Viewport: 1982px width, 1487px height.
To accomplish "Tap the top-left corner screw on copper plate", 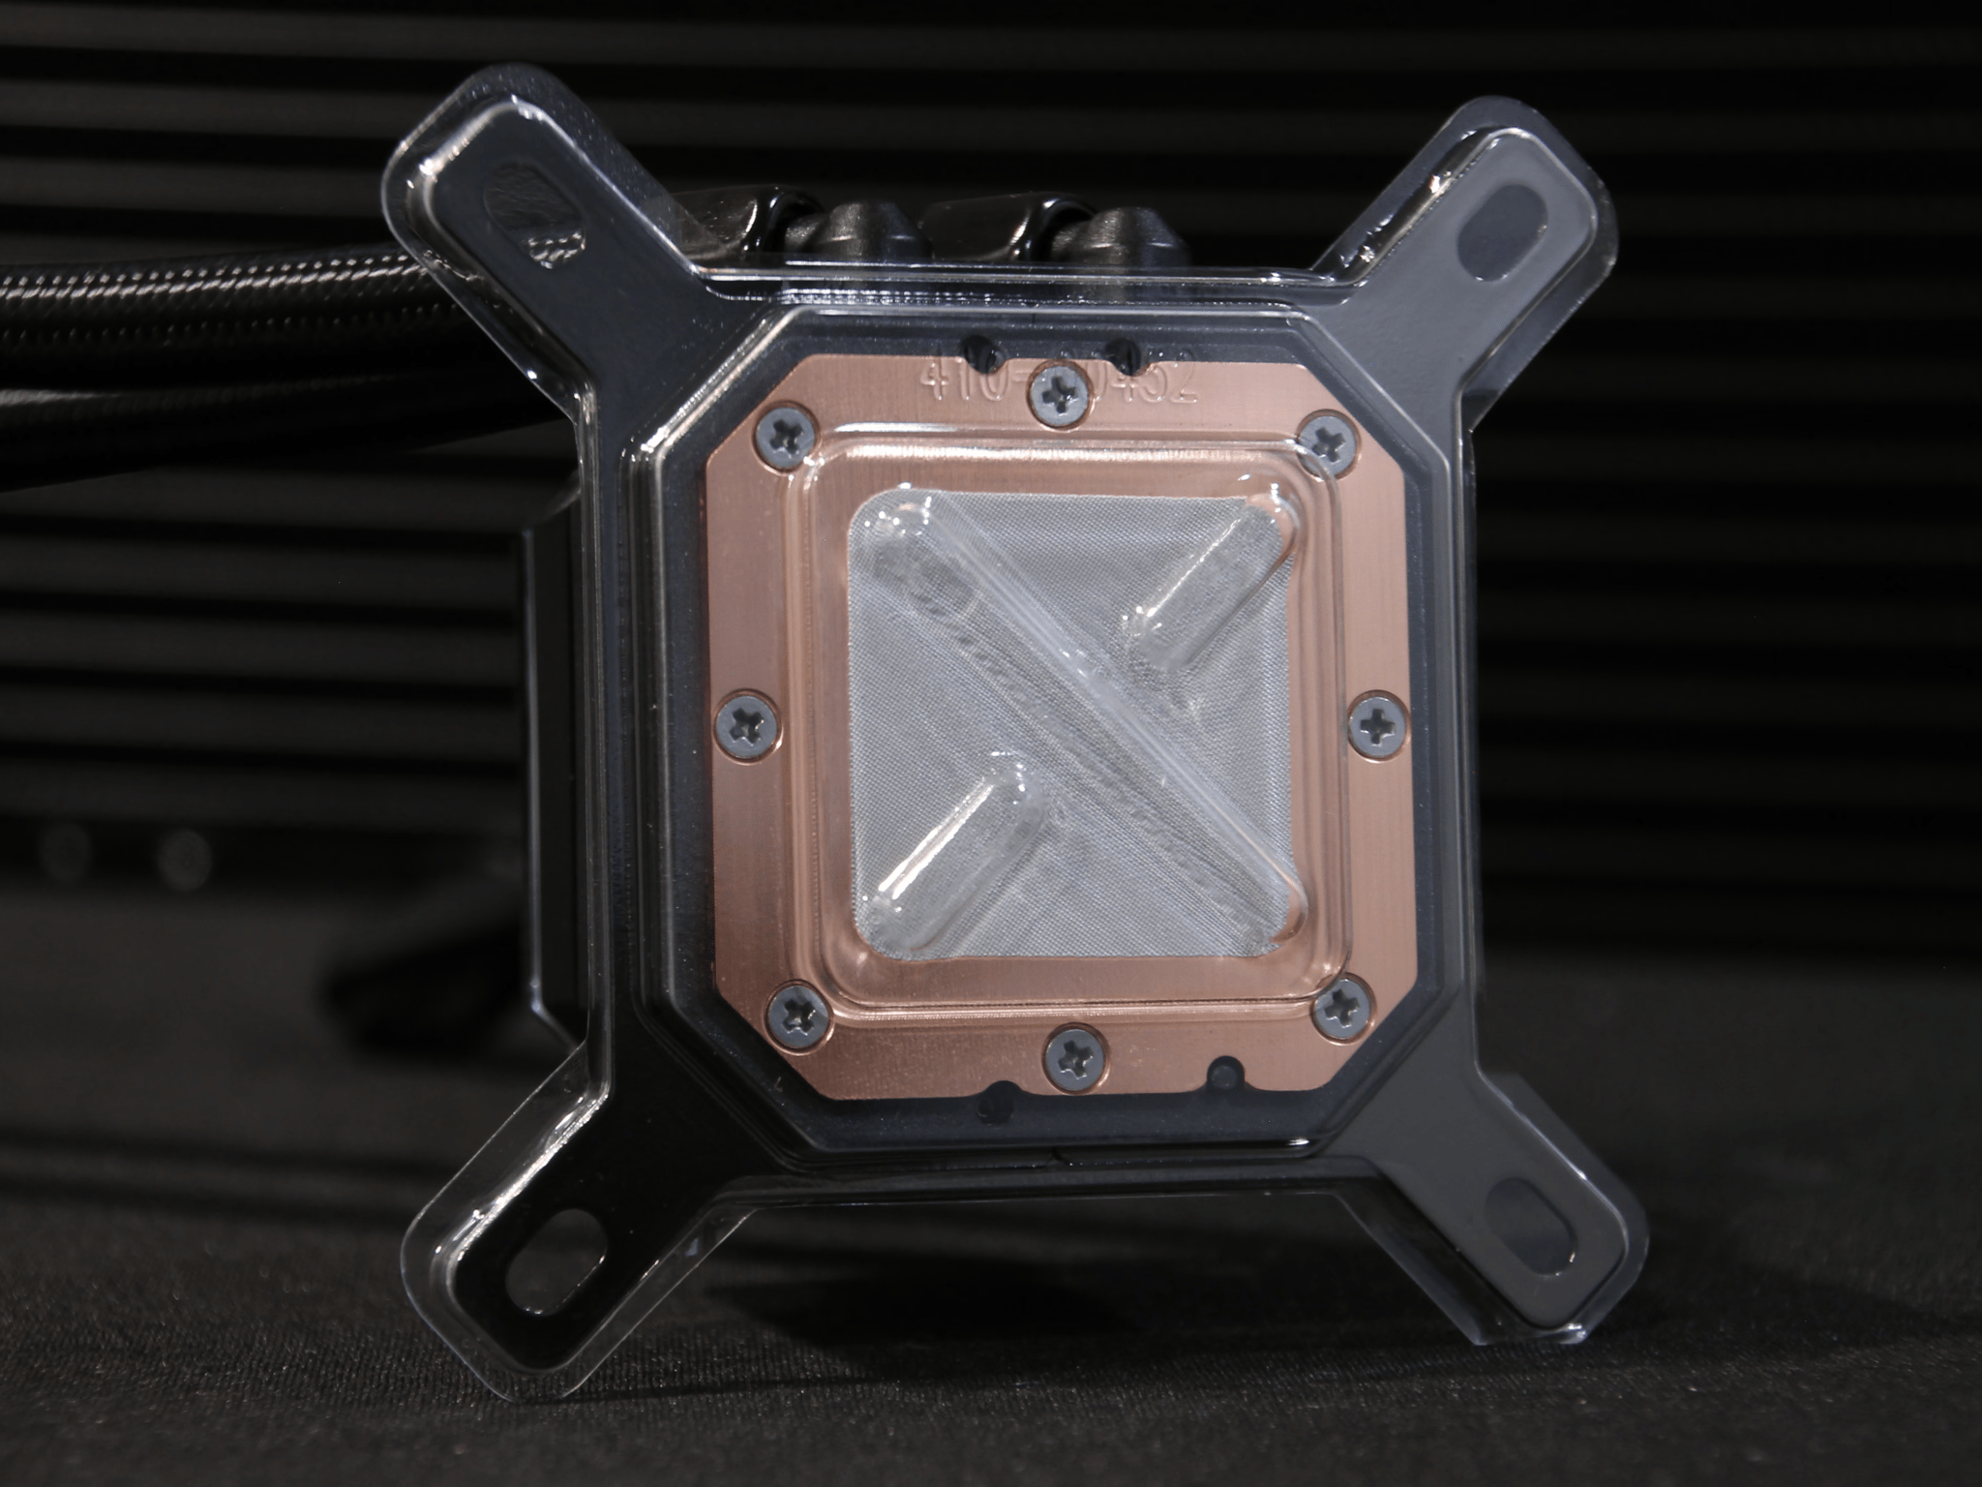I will point(783,433).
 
